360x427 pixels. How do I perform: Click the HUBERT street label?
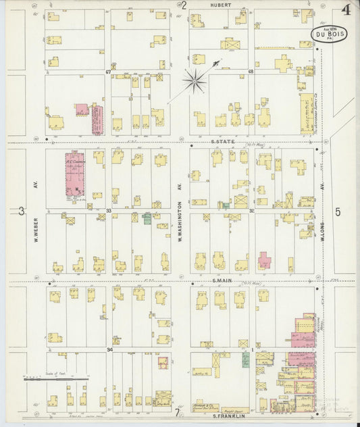tap(220, 5)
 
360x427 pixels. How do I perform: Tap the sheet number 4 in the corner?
tap(346, 9)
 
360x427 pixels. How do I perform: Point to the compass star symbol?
tap(195, 82)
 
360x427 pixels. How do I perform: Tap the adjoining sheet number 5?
tap(338, 211)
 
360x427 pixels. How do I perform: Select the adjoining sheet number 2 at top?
tap(184, 5)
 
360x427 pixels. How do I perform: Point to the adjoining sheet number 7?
tap(178, 412)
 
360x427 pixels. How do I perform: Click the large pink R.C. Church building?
tap(74, 174)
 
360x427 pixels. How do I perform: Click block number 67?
tap(108, 72)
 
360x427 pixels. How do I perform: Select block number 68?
tap(250, 72)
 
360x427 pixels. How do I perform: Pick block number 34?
tap(109, 350)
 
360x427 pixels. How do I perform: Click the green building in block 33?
tap(147, 218)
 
